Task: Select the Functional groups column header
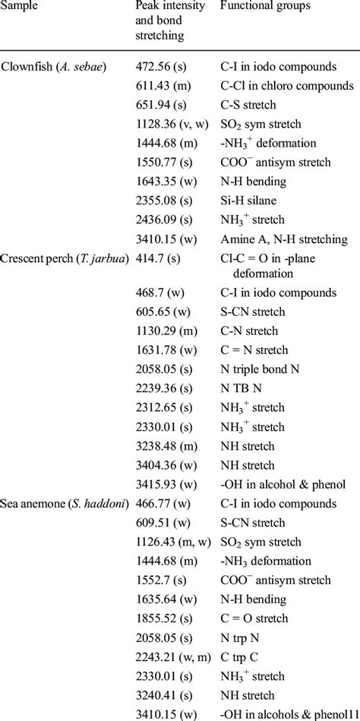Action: [263, 6]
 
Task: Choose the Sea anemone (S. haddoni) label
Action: [60, 503]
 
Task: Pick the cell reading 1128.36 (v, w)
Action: [167, 122]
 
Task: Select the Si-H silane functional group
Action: [251, 201]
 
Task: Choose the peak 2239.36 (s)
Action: [160, 408]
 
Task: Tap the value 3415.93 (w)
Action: [163, 485]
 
